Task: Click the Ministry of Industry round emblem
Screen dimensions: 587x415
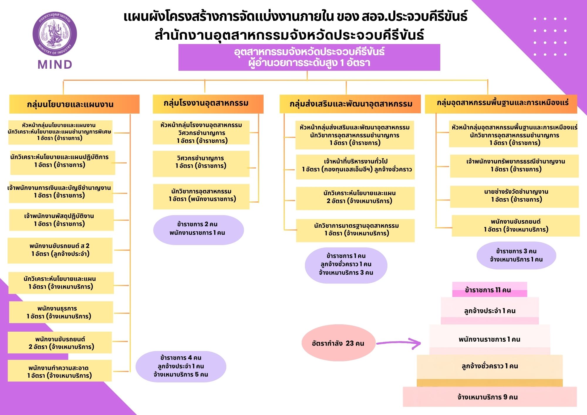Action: pos(55,34)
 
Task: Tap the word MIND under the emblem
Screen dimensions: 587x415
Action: pos(55,65)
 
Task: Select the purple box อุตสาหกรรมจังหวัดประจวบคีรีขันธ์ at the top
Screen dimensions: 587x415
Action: pos(309,57)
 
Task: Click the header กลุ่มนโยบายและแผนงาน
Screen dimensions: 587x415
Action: pos(74,104)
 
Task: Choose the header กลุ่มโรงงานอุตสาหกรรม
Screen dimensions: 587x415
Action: pos(208,104)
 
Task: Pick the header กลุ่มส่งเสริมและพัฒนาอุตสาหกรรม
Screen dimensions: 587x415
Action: pos(350,104)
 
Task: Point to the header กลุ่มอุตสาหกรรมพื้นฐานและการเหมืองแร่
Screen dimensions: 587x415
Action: pos(501,104)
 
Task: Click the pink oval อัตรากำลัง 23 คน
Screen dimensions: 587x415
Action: pos(338,343)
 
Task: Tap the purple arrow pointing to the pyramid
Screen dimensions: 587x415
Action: pos(399,343)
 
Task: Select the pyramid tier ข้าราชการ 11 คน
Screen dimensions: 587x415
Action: pos(490,290)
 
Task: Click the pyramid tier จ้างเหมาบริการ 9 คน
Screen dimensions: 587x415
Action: pos(490,397)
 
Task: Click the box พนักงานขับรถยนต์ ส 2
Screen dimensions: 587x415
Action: pos(60,250)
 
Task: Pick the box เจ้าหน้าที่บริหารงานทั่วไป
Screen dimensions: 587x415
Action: pos(355,167)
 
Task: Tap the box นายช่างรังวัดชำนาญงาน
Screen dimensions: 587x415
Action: pos(514,197)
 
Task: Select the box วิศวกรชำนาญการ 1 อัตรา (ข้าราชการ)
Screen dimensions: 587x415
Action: pos(201,164)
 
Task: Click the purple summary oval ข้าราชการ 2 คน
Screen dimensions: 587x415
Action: pos(198,230)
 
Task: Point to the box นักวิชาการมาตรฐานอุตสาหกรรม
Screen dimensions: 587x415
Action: pos(355,230)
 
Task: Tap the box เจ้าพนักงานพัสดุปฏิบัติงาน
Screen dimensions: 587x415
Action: pos(61,220)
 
